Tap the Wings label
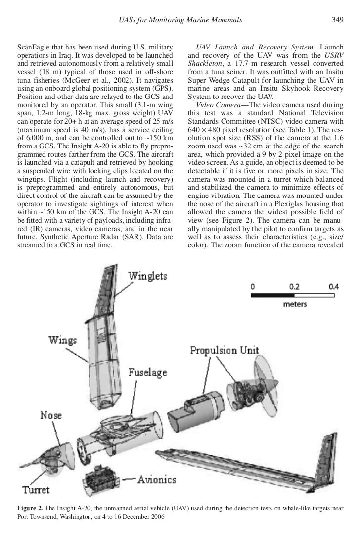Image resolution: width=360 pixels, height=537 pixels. (62, 340)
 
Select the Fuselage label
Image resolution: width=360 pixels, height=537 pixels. (148, 372)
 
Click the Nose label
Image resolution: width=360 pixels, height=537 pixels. (50, 415)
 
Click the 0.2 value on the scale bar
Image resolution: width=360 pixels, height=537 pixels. (294, 286)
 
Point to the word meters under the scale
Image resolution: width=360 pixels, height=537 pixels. (295, 304)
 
